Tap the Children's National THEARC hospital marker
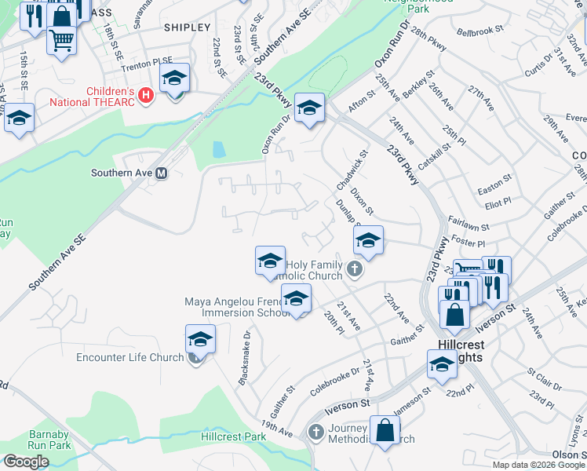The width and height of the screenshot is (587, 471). click(x=144, y=95)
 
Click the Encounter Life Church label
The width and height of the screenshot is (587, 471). click(x=130, y=358)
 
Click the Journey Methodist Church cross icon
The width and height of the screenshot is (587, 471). click(x=315, y=432)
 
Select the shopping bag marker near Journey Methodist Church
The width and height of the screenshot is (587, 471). click(x=385, y=430)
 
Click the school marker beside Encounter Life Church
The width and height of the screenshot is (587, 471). click(x=200, y=340)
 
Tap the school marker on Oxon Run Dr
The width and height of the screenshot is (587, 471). click(x=309, y=107)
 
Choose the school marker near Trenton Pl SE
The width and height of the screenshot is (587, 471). click(x=175, y=78)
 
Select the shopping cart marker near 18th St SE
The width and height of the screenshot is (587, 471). click(x=62, y=38)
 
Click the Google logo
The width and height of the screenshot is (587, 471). click(x=26, y=462)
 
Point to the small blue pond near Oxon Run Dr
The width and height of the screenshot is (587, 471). click(x=219, y=149)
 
